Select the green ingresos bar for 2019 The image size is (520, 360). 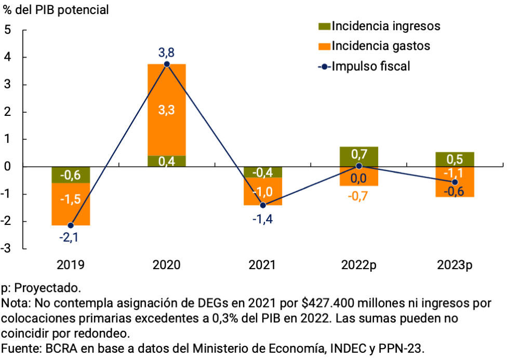pyautogui.click(x=71, y=175)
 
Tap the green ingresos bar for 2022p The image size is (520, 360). pyautogui.click(x=359, y=156)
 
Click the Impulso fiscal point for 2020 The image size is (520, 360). pyautogui.click(x=167, y=64)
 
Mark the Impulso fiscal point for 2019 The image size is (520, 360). pyautogui.click(x=71, y=225)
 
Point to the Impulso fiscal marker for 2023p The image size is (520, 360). pyautogui.click(x=455, y=182)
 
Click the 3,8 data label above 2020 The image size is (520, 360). pyautogui.click(x=167, y=52)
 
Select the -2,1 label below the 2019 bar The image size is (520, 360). pyautogui.click(x=71, y=238)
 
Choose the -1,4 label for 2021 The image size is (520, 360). pyautogui.click(x=263, y=218)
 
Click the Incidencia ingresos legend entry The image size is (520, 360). pyautogui.click(x=385, y=25)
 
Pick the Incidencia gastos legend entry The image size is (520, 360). pyautogui.click(x=380, y=46)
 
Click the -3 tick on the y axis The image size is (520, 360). pyautogui.click(x=6, y=248)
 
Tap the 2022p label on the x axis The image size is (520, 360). pyautogui.click(x=359, y=265)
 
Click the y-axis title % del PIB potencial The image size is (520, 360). pyautogui.click(x=56, y=10)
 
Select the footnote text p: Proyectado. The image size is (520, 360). pyautogui.click(x=41, y=288)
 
